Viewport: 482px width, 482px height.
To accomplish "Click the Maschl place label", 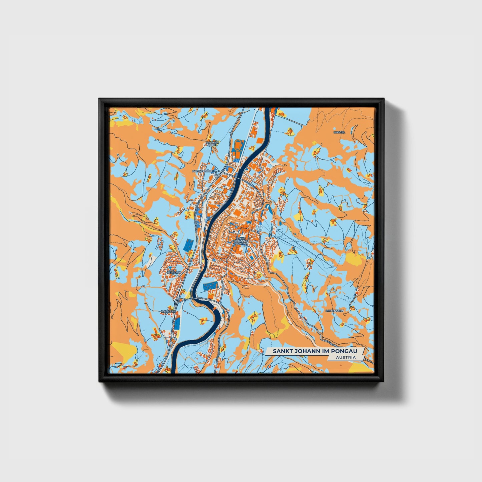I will pos(340,132).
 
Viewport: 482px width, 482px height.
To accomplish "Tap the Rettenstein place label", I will pos(335,311).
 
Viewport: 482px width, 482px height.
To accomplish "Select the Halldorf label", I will pos(168,311).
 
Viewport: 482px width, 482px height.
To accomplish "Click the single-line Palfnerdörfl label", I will pos(203,171).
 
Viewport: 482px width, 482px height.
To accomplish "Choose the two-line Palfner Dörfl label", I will pos(212,144).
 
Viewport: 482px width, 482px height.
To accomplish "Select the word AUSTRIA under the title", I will pos(346,357).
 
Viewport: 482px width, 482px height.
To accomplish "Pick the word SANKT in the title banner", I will pos(281,351).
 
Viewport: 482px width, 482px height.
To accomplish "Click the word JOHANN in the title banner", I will pos(305,351).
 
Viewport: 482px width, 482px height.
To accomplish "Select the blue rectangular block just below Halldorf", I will pos(177,322).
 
